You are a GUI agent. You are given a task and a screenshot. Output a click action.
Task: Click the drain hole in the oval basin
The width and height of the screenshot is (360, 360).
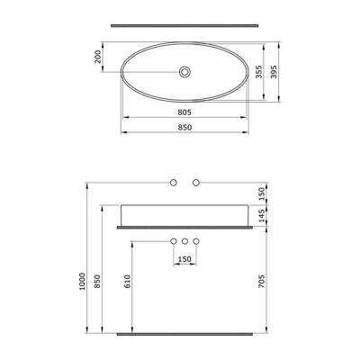coord(184,71)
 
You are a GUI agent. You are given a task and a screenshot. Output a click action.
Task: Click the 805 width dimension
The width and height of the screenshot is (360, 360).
coord(184,112)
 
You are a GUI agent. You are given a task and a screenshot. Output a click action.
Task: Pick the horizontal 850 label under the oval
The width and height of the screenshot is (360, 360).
coord(184,127)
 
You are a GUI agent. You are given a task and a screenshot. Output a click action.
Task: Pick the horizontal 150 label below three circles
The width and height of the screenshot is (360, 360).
coord(184,259)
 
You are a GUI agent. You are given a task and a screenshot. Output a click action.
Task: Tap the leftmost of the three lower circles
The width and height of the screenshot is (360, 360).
coord(174,241)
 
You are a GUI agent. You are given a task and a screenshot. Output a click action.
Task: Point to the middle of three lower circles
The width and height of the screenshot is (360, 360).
coord(184,241)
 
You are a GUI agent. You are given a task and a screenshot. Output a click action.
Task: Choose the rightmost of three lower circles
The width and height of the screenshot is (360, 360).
coord(195,241)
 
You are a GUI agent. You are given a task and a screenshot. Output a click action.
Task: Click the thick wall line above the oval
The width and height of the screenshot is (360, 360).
coord(184,24)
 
